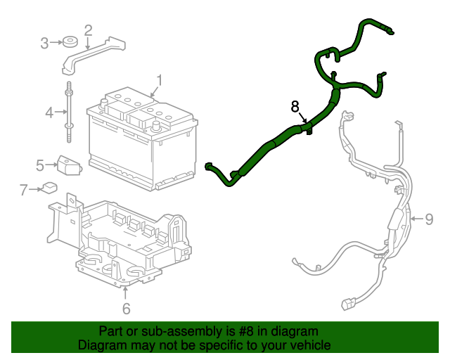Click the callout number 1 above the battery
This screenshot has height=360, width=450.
click(160, 80)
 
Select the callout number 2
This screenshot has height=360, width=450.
click(88, 30)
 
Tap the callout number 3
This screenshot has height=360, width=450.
click(44, 43)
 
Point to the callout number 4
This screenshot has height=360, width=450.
click(49, 112)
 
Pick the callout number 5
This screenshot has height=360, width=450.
click(41, 165)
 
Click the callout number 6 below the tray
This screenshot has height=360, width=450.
click(126, 308)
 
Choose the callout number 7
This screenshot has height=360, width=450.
click(23, 189)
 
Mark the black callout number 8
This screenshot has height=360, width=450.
click(295, 107)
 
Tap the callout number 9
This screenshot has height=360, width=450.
click(429, 219)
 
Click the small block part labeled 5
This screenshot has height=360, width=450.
click(68, 165)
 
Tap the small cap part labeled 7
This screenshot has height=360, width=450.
click(49, 188)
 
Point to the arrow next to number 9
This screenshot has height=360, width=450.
click(416, 219)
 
